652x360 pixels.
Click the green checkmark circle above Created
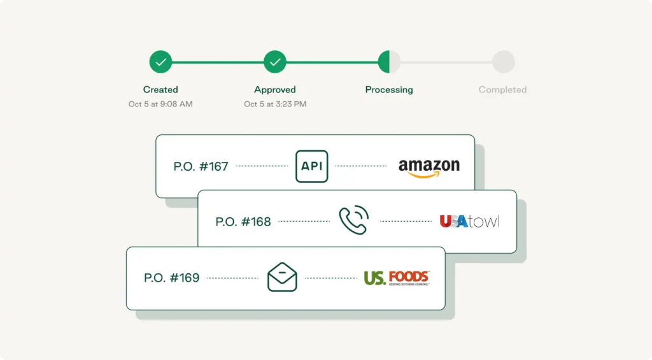point(161,62)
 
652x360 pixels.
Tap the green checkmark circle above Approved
point(275,62)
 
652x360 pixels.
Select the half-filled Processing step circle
point(389,62)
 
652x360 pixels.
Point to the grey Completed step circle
point(503,62)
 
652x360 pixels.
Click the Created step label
point(160,90)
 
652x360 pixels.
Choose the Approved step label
point(275,90)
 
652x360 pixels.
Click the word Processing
point(389,90)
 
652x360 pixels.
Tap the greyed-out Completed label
point(502,90)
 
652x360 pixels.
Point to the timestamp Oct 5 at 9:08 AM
point(160,104)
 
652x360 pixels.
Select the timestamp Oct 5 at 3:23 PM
point(275,104)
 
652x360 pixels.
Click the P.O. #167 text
point(201,167)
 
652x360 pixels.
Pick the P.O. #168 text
point(243,222)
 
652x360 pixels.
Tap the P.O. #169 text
point(171,278)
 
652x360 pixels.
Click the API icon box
point(312,166)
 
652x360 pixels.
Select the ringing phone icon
point(353,220)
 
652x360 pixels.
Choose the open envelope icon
point(282,277)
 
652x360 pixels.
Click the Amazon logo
point(429,168)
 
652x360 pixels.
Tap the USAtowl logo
point(469,222)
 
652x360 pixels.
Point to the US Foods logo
point(396,278)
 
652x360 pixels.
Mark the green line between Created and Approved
point(218,62)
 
